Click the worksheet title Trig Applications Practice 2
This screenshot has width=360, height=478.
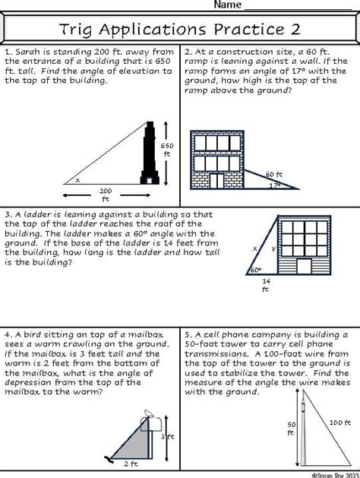(x=179, y=30)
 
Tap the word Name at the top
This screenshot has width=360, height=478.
(x=227, y=5)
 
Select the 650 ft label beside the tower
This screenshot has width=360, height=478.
(x=168, y=149)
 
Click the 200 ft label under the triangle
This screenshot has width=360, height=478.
(x=105, y=195)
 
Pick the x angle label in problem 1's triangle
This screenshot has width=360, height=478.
(x=77, y=181)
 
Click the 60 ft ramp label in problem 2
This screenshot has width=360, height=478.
(x=273, y=174)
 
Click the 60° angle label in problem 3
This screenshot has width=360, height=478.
(x=256, y=270)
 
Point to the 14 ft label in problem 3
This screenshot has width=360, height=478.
(x=266, y=285)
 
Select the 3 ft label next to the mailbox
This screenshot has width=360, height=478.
(x=170, y=437)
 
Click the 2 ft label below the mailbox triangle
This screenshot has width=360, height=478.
(x=130, y=463)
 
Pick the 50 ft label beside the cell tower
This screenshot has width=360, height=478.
(x=290, y=428)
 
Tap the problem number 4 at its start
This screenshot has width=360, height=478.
(x=8, y=334)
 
